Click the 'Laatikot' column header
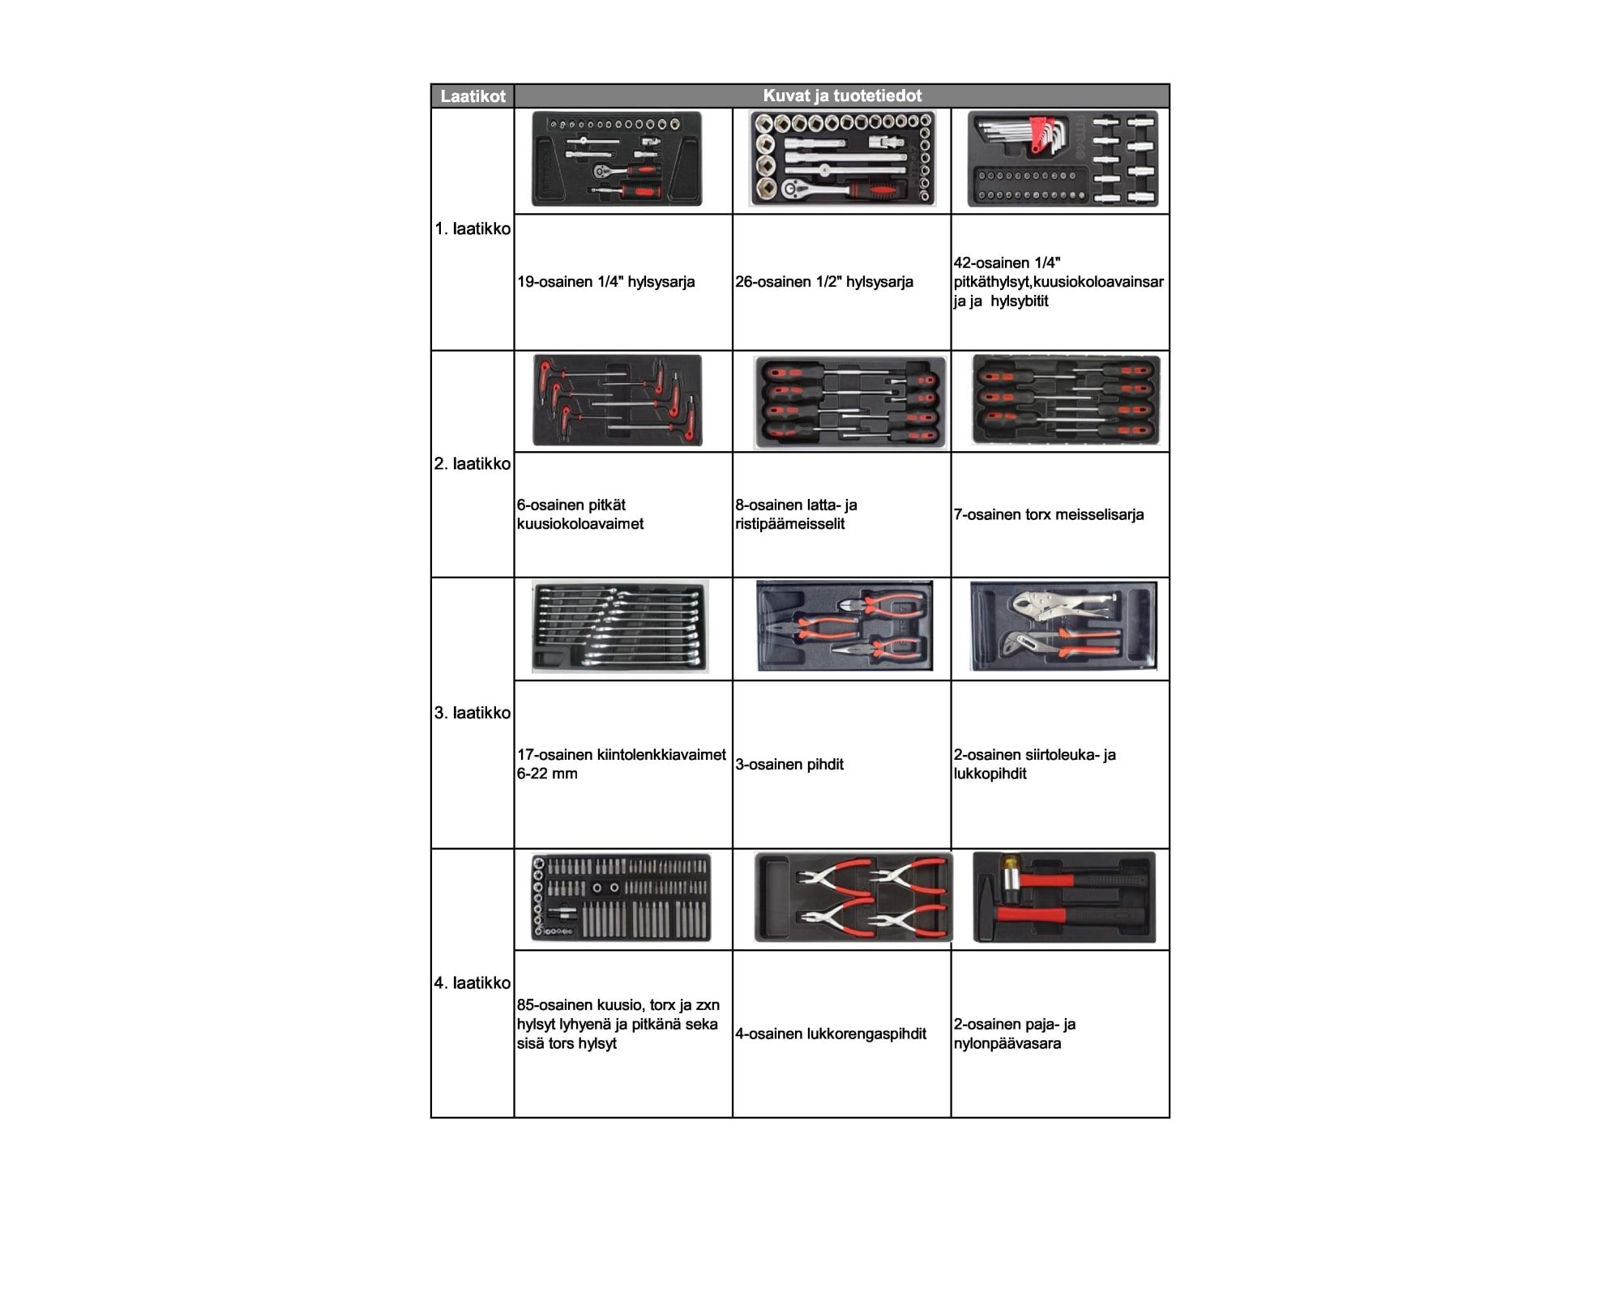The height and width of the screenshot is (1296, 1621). [473, 96]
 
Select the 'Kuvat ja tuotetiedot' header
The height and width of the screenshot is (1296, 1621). [842, 96]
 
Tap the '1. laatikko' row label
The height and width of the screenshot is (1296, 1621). [473, 228]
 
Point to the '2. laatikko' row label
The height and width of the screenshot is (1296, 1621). [473, 463]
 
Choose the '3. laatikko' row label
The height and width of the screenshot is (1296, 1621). [473, 713]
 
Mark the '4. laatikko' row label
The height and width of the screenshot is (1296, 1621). [473, 983]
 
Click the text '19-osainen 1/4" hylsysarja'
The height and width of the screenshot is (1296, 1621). [606, 282]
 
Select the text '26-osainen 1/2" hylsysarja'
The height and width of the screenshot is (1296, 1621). [824, 282]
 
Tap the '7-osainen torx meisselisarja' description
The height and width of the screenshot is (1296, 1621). [1049, 514]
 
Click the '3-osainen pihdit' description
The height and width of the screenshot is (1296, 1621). [789, 764]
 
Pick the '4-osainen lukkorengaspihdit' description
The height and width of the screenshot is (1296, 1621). [831, 1034]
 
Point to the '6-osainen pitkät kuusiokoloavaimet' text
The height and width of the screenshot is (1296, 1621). [580, 514]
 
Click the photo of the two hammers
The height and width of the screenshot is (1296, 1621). [1064, 897]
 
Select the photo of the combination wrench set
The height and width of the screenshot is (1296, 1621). [620, 626]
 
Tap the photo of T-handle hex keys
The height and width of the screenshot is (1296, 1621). [618, 400]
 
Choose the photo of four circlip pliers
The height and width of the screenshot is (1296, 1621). [853, 897]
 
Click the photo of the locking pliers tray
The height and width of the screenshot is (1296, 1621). [1063, 626]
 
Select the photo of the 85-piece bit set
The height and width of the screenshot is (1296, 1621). [621, 897]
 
